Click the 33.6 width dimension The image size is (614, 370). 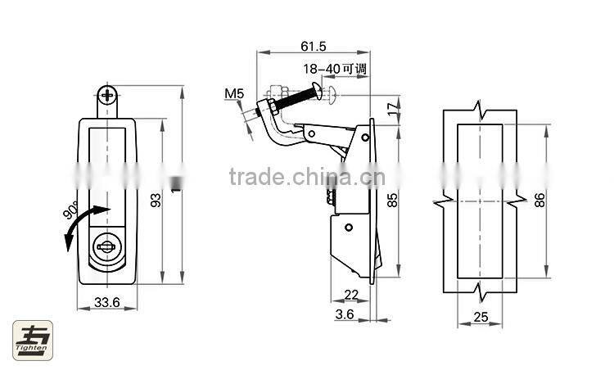(x=106, y=303)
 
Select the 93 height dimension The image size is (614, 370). (x=155, y=201)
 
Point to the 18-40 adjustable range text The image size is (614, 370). (x=335, y=69)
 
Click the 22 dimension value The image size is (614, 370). (x=351, y=295)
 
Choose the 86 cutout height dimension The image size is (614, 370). (x=540, y=200)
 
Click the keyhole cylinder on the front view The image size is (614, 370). (x=107, y=245)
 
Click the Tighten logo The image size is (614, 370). (x=32, y=341)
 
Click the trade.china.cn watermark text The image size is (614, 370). (x=302, y=177)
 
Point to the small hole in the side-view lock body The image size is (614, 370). (x=349, y=227)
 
